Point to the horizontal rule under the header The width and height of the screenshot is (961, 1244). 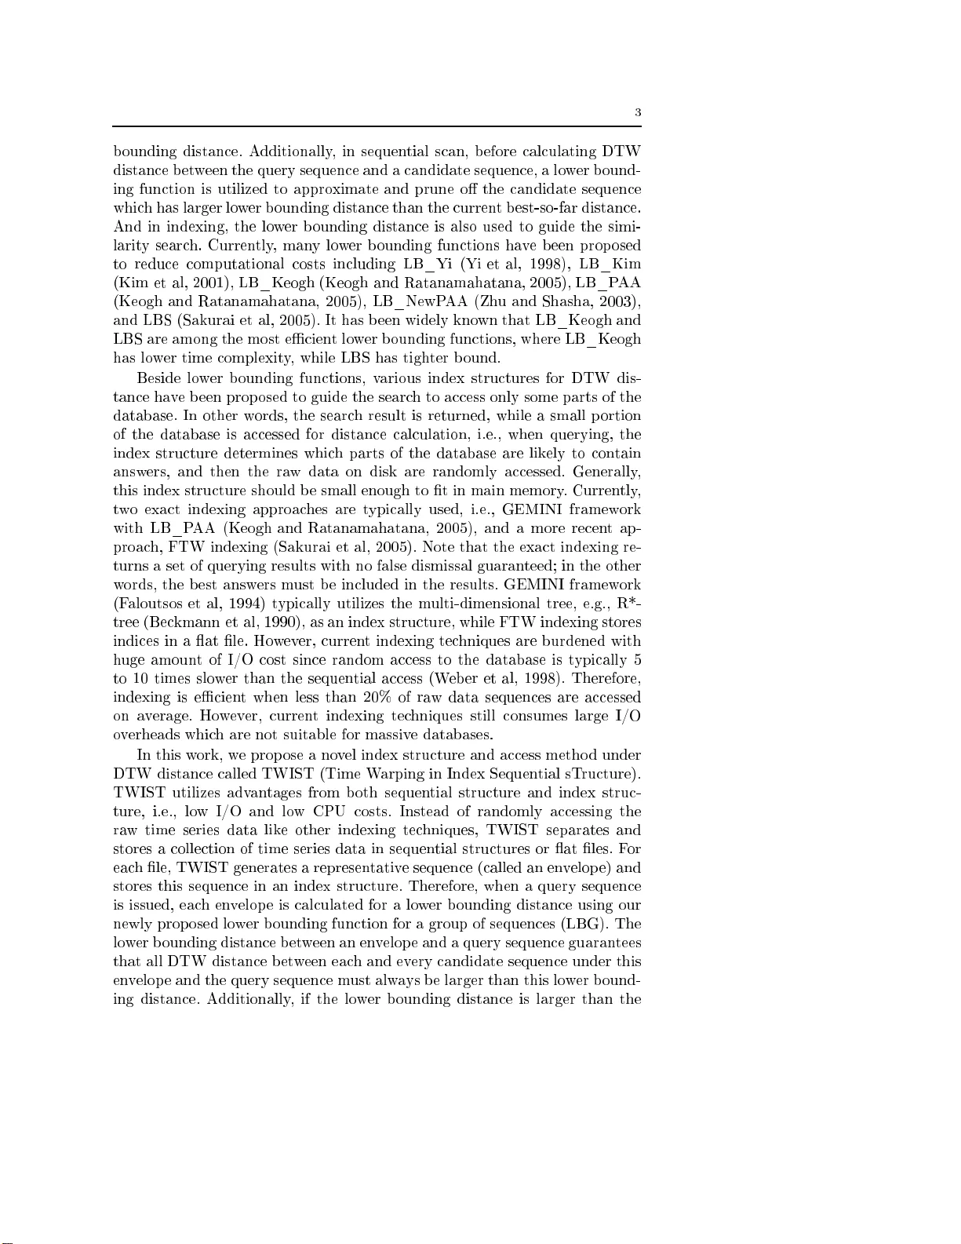[x=377, y=126]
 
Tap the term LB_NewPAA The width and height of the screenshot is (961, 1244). [x=420, y=302]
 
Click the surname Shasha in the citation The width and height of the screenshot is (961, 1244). [x=562, y=302]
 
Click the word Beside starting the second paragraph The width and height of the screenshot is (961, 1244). [x=159, y=378]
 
